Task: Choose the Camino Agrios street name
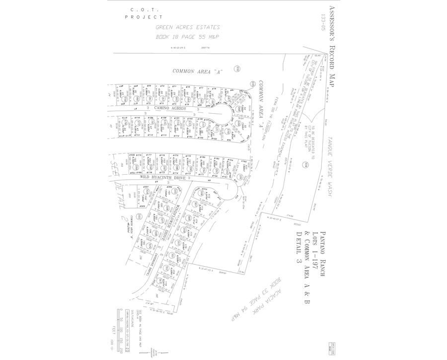170,108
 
